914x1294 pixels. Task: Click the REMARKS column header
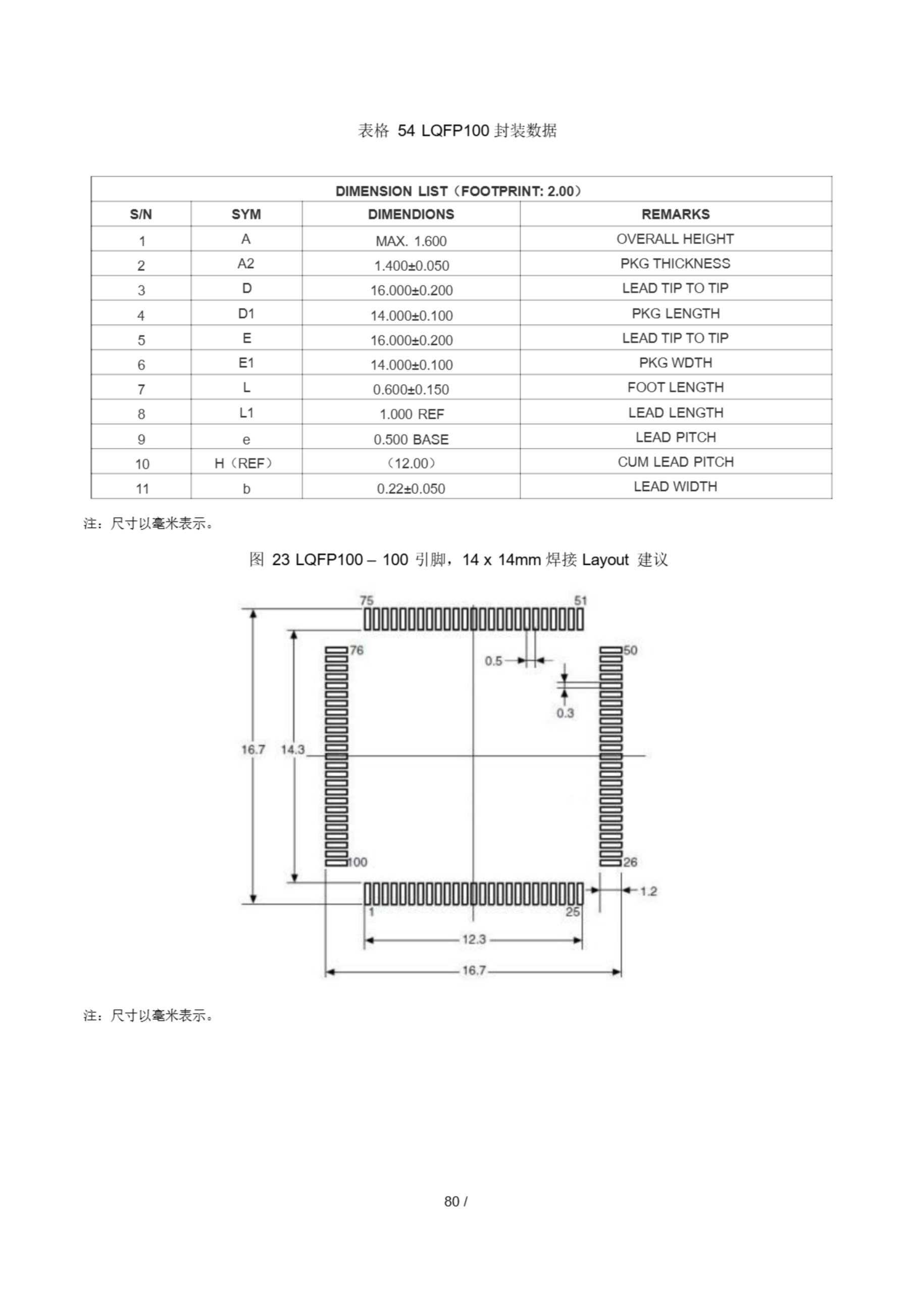pyautogui.click(x=675, y=214)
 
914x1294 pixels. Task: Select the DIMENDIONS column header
pyautogui.click(x=411, y=214)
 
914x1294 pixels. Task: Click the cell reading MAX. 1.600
pyautogui.click(x=411, y=241)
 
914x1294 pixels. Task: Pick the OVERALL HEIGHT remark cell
pyautogui.click(x=675, y=239)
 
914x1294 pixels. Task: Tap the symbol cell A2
pyautogui.click(x=246, y=264)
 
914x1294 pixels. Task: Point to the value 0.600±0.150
pyautogui.click(x=411, y=389)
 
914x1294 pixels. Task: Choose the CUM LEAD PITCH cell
pyautogui.click(x=675, y=462)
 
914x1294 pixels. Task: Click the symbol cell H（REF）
pyautogui.click(x=246, y=464)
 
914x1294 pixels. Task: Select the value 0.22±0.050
pyautogui.click(x=411, y=489)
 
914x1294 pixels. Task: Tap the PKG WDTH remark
pyautogui.click(x=675, y=363)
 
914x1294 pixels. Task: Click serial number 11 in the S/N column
pyautogui.click(x=142, y=489)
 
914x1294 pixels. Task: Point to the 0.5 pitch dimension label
pyautogui.click(x=493, y=661)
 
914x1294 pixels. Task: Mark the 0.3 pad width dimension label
pyautogui.click(x=565, y=713)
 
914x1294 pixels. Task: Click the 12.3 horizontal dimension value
pyautogui.click(x=474, y=939)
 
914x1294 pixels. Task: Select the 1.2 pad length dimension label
pyautogui.click(x=648, y=891)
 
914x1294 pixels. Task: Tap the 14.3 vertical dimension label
pyautogui.click(x=292, y=750)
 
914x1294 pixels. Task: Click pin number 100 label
pyautogui.click(x=357, y=862)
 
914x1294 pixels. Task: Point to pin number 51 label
pyautogui.click(x=580, y=601)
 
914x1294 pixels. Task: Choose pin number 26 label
pyautogui.click(x=630, y=862)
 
